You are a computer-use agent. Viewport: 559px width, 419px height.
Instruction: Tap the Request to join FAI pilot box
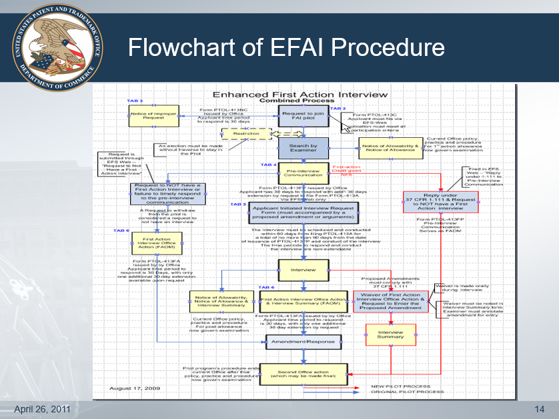pyautogui.click(x=304, y=116)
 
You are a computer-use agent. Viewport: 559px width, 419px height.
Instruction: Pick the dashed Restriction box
pyautogui.click(x=246, y=134)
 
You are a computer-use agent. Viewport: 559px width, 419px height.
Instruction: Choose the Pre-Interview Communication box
pyautogui.click(x=304, y=173)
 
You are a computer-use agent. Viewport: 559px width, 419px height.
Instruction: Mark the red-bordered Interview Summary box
pyautogui.click(x=391, y=334)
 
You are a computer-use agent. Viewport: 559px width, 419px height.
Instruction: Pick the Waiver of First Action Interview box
pyautogui.click(x=390, y=301)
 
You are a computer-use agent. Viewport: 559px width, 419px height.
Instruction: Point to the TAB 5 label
pyautogui.click(x=238, y=204)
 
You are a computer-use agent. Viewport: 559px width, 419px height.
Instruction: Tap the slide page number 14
pyautogui.click(x=540, y=407)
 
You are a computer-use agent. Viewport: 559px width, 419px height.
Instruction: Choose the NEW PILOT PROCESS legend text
pyautogui.click(x=400, y=386)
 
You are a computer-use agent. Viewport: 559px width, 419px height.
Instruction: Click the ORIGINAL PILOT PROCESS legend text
pyautogui.click(x=407, y=392)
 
